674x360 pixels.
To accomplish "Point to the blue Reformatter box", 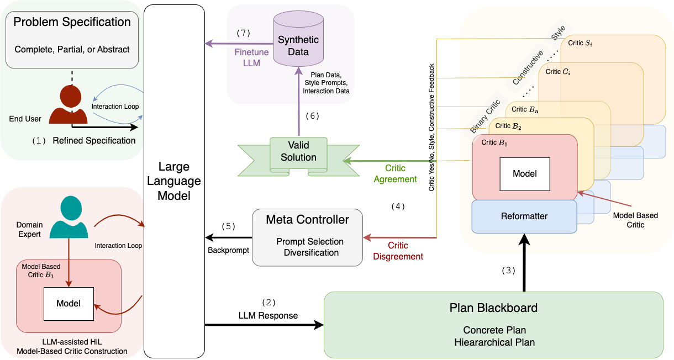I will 524,216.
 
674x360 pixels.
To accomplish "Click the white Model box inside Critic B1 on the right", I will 525,173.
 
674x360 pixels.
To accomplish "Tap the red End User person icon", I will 69,104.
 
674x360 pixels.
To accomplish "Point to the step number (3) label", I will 508,271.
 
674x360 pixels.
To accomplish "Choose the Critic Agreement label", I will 395,173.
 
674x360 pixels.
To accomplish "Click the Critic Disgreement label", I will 398,251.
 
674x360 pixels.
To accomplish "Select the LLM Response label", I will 268,316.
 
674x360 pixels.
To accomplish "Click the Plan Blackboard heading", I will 494,308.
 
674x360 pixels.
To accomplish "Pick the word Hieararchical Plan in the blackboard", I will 494,342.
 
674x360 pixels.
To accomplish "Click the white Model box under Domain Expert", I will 69,303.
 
